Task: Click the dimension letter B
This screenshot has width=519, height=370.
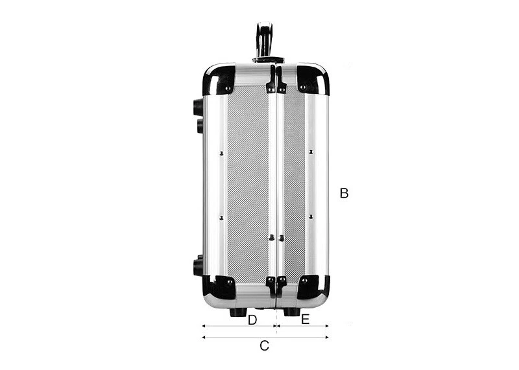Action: pos(344,193)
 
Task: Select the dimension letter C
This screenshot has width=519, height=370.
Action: pos(264,346)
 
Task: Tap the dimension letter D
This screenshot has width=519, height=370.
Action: pos(252,320)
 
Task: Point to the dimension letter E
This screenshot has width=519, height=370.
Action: pos(305,319)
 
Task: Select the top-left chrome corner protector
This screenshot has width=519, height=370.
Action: pos(219,79)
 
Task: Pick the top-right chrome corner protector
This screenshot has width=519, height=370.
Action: pos(313,79)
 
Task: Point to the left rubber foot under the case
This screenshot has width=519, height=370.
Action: pos(238,312)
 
